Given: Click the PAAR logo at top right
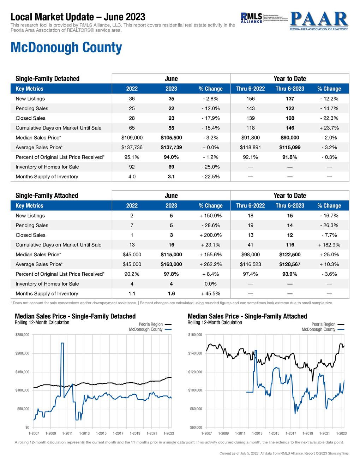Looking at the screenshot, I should click(x=319, y=21).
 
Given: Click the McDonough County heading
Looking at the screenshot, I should click(x=66, y=47).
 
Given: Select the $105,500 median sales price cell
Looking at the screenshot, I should click(x=171, y=138).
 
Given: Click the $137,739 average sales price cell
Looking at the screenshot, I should click(x=171, y=148).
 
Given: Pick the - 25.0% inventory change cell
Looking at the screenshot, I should click(x=211, y=167).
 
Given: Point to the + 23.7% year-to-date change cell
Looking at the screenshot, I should click(x=329, y=128).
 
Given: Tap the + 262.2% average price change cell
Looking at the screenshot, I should click(x=211, y=264).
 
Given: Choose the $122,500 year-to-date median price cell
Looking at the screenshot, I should click(x=290, y=255).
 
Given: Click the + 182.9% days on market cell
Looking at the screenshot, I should click(x=329, y=245).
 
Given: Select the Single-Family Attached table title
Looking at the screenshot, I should click(x=47, y=196).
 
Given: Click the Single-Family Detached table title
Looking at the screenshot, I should click(x=48, y=79).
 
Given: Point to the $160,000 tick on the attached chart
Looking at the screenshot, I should click(x=195, y=335).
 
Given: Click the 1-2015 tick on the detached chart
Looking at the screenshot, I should click(x=101, y=434).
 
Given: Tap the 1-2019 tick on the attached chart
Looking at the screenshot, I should click(x=307, y=434).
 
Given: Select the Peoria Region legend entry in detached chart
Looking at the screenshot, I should click(x=151, y=324).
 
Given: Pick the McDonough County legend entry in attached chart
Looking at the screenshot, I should click(x=318, y=329).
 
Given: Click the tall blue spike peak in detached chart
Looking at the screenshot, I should click(x=62, y=343).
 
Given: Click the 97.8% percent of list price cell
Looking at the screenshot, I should click(x=171, y=274).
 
